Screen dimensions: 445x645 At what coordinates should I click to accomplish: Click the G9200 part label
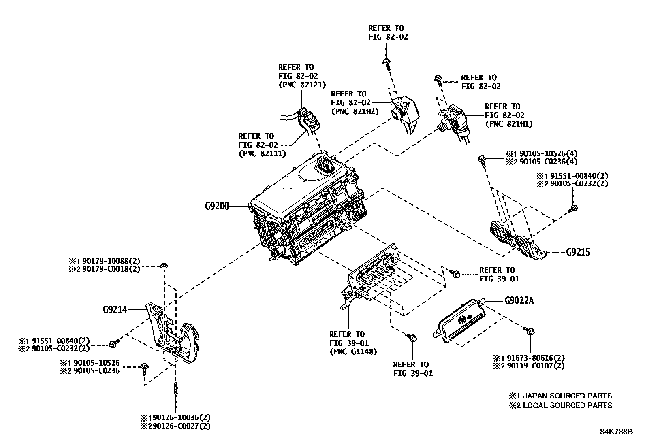tap(217, 206)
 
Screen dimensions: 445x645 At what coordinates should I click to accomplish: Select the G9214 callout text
tap(115, 310)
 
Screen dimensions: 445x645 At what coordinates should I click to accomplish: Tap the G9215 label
tap(578, 252)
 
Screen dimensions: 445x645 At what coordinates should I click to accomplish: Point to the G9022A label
tap(519, 301)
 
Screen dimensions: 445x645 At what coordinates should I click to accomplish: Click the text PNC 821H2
tap(355, 111)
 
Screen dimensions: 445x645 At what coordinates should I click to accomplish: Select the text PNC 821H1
tap(509, 124)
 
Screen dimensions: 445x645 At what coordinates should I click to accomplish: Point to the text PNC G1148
tap(353, 351)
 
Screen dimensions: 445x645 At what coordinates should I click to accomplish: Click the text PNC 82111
tap(262, 153)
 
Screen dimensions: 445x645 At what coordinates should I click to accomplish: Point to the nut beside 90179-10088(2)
tap(164, 265)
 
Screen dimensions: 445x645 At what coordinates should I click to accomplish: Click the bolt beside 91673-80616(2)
tap(529, 331)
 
